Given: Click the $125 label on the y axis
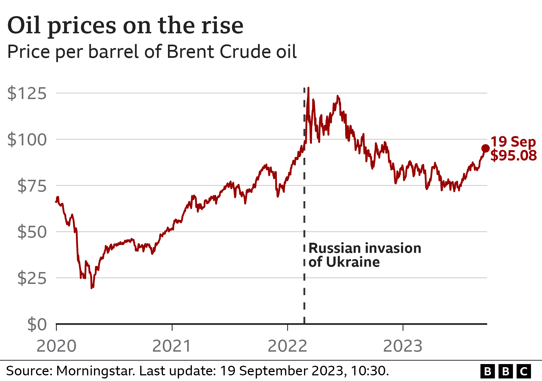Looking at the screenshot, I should point(27,93).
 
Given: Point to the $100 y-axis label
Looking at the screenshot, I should point(27,140).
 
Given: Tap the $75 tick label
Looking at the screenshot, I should point(32,186).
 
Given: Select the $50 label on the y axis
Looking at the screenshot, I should point(32,232).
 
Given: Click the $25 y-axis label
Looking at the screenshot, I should point(32,279).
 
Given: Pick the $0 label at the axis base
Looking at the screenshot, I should point(37,324).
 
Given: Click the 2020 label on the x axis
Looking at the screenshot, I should point(56,346).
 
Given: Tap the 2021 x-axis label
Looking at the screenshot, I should point(172,346).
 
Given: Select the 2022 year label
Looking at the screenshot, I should point(287,346).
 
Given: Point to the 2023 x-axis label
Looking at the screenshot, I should point(403,346).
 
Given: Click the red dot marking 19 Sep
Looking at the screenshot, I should point(485,148).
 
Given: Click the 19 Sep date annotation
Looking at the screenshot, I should point(513,142).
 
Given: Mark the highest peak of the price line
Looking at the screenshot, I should point(308,88).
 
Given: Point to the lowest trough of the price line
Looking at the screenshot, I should point(91,288).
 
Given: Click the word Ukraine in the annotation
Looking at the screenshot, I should point(353,262).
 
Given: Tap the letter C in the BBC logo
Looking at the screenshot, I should point(524,371).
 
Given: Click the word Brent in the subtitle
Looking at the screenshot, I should point(191,52).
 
